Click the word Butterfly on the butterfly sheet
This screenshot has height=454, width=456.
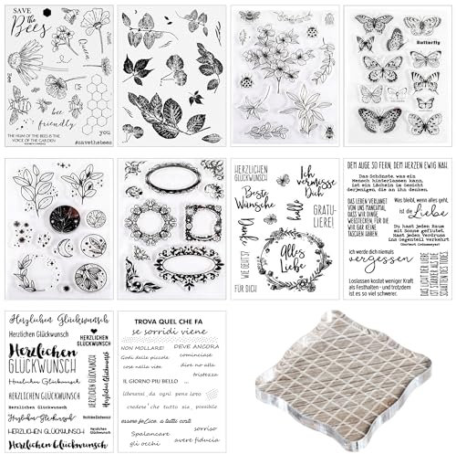427,43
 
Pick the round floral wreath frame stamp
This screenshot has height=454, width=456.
143,222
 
